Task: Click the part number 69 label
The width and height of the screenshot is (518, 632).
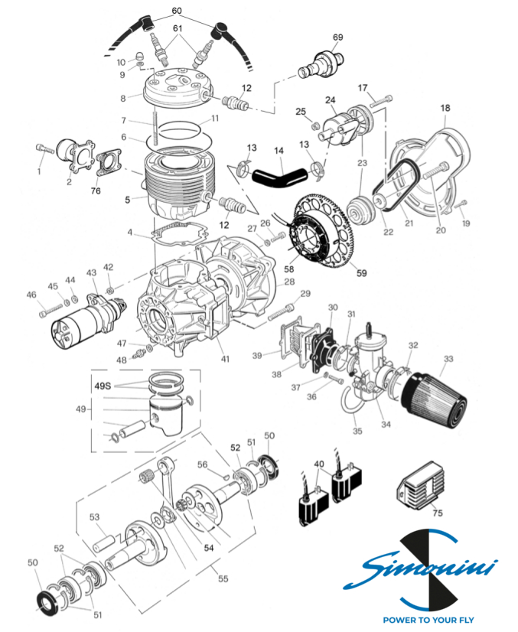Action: click(x=338, y=37)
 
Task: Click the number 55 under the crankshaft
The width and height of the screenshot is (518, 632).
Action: click(x=223, y=579)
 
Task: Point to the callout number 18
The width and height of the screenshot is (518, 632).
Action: click(x=445, y=109)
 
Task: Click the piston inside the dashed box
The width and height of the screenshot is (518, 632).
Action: click(x=165, y=412)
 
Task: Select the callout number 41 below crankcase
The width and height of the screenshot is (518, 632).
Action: click(x=225, y=360)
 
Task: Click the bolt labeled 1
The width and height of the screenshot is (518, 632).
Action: click(x=47, y=151)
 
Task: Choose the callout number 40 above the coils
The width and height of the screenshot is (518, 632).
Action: click(x=319, y=464)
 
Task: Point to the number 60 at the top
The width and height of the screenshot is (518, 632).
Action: click(x=177, y=11)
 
